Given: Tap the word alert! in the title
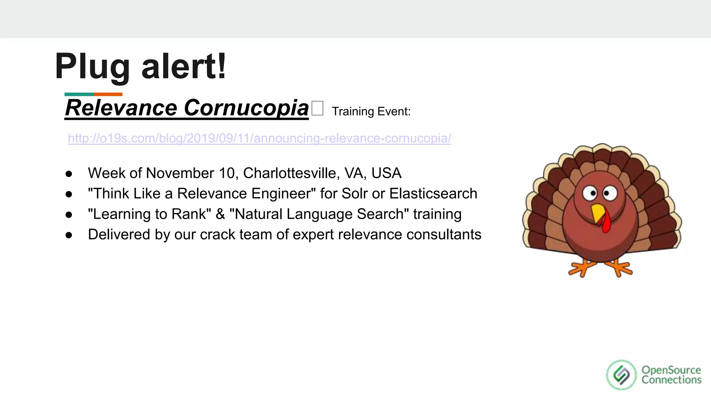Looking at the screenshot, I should coord(184,66).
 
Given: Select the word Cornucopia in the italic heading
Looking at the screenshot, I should coord(246,108).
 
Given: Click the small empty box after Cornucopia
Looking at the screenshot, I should coord(317,108).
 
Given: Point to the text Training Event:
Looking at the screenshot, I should coord(371,111).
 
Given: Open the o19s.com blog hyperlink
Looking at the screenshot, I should coord(259,138).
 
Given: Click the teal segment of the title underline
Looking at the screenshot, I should coord(79,94).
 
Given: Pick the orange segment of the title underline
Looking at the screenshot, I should coord(108,94).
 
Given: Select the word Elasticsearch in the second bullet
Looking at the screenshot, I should coord(433,194).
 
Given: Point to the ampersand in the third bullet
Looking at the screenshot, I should coord(220,214).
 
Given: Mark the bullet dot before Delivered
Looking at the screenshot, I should coord(69,235).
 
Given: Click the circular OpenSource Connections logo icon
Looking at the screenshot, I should coord(621,375).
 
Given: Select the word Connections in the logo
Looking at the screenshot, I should coord(671,380).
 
